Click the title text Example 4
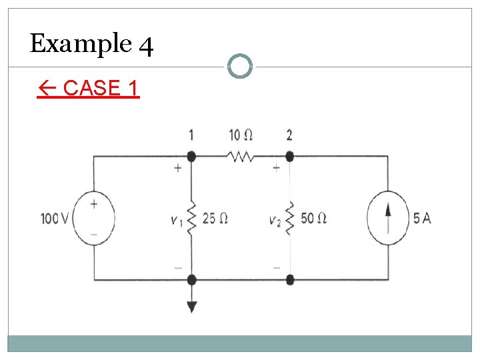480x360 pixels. point(92,44)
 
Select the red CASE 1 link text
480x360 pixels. point(88,88)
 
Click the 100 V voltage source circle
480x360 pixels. point(94,217)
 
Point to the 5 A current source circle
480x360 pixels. point(387,218)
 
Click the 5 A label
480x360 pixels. point(421,218)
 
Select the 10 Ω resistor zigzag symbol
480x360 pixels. point(240,157)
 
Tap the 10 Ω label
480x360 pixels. point(240,135)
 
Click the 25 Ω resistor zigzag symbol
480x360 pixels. point(191,219)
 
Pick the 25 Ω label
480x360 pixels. point(215,218)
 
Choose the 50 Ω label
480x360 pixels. point(313,218)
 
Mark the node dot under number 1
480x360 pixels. point(191,157)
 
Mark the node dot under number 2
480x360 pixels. point(289,157)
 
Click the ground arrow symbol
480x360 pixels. point(192,306)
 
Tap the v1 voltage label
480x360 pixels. point(176,220)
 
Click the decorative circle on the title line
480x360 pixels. point(240,66)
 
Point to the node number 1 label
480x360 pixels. point(191,135)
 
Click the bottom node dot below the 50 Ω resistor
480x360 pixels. point(289,279)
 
